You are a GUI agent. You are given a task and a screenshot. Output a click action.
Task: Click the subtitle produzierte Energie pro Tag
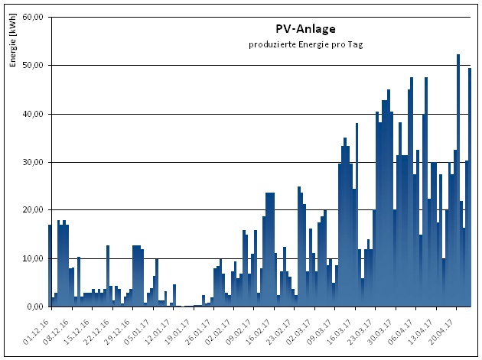click(305, 44)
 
